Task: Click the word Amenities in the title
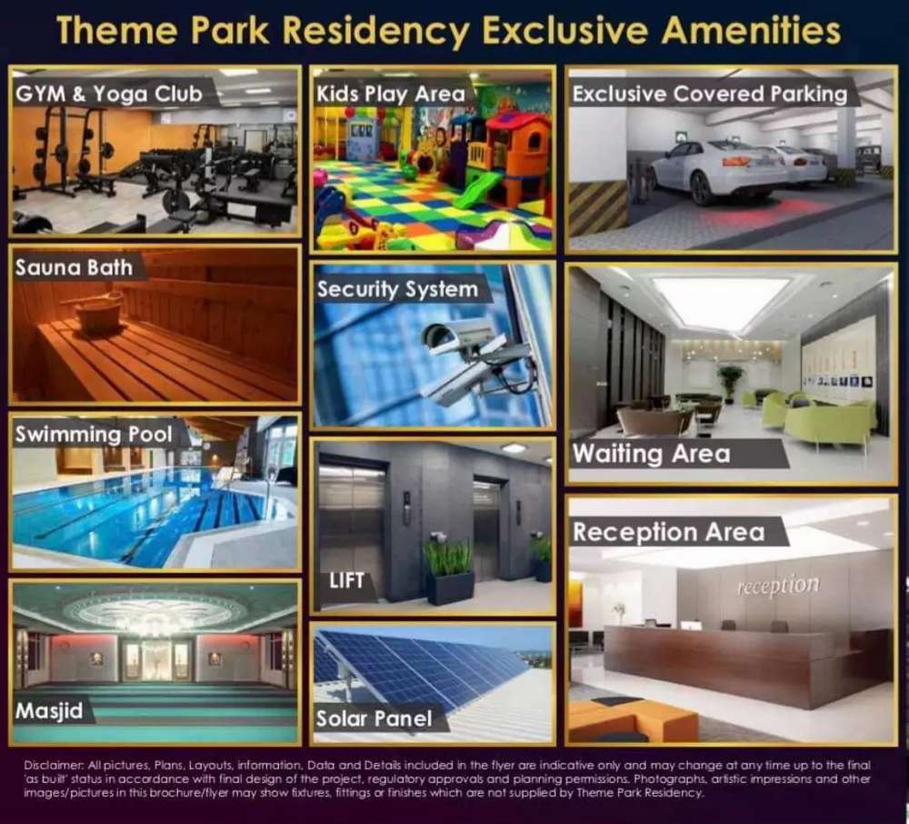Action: click(751, 30)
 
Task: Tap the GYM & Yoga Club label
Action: click(109, 94)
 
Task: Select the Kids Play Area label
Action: click(391, 94)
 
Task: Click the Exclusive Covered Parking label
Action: click(710, 94)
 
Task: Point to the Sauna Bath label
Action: click(74, 267)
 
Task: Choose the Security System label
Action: click(398, 289)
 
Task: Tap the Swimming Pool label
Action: click(94, 435)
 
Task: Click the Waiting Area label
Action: click(652, 454)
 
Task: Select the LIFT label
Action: click(346, 580)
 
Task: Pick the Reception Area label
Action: click(668, 532)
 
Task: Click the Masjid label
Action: click(49, 711)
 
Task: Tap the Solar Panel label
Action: click(374, 719)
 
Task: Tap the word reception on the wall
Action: click(778, 586)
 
